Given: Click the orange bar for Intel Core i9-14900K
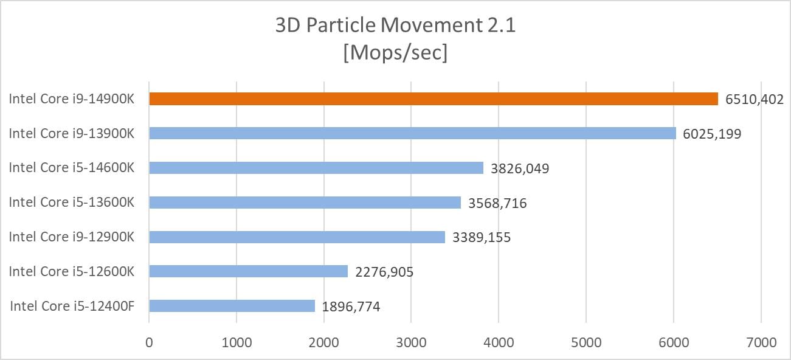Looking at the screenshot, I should point(433,99).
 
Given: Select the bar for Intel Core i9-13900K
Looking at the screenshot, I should point(412,133).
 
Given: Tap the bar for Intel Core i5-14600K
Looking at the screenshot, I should point(316,168).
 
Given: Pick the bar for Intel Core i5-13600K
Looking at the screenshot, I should point(305,202).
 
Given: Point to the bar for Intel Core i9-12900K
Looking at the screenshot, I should point(297,237).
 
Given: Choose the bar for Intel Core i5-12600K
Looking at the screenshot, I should point(248,271).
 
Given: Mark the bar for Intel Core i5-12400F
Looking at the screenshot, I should point(232,306).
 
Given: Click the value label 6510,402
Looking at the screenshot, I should point(754,99).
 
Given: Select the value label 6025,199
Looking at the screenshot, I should point(712,134).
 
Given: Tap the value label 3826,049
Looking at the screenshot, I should point(520,168).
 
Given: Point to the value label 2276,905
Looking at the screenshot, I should point(384,272).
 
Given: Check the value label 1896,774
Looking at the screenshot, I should point(351,306).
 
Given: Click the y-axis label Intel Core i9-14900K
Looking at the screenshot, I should point(71,99).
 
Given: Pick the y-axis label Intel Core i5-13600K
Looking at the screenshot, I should point(71,202).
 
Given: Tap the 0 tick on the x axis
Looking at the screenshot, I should point(149,343).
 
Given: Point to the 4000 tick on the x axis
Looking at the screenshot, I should point(499,343).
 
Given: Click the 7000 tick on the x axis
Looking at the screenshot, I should point(761,343).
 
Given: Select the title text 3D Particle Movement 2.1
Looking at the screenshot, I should point(395,26).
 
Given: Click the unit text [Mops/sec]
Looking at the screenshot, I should point(395,53).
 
